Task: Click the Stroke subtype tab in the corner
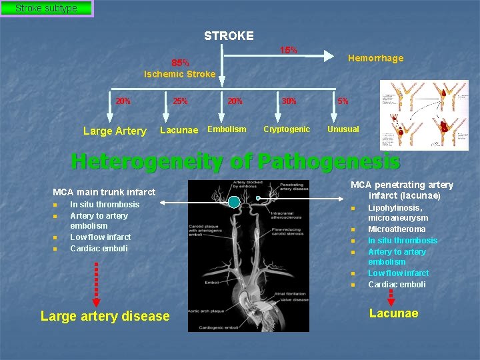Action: click(x=46, y=9)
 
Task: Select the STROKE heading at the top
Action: click(x=229, y=35)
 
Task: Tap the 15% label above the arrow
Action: click(x=288, y=50)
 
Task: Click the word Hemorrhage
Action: click(x=375, y=58)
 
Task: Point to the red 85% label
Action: click(x=180, y=63)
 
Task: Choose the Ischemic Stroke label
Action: click(x=180, y=74)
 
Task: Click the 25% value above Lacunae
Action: click(x=180, y=101)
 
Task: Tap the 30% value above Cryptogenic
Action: click(x=289, y=101)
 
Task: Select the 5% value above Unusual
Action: click(x=342, y=101)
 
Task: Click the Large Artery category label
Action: click(x=115, y=131)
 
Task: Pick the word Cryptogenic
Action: click(x=287, y=129)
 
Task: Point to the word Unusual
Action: click(x=343, y=129)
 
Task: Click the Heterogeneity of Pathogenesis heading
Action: click(x=235, y=161)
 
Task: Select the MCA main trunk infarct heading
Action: click(x=104, y=192)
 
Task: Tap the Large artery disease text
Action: click(x=105, y=316)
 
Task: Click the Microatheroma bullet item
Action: click(x=397, y=229)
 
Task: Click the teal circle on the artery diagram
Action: click(x=234, y=201)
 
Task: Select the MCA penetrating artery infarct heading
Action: click(x=402, y=190)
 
